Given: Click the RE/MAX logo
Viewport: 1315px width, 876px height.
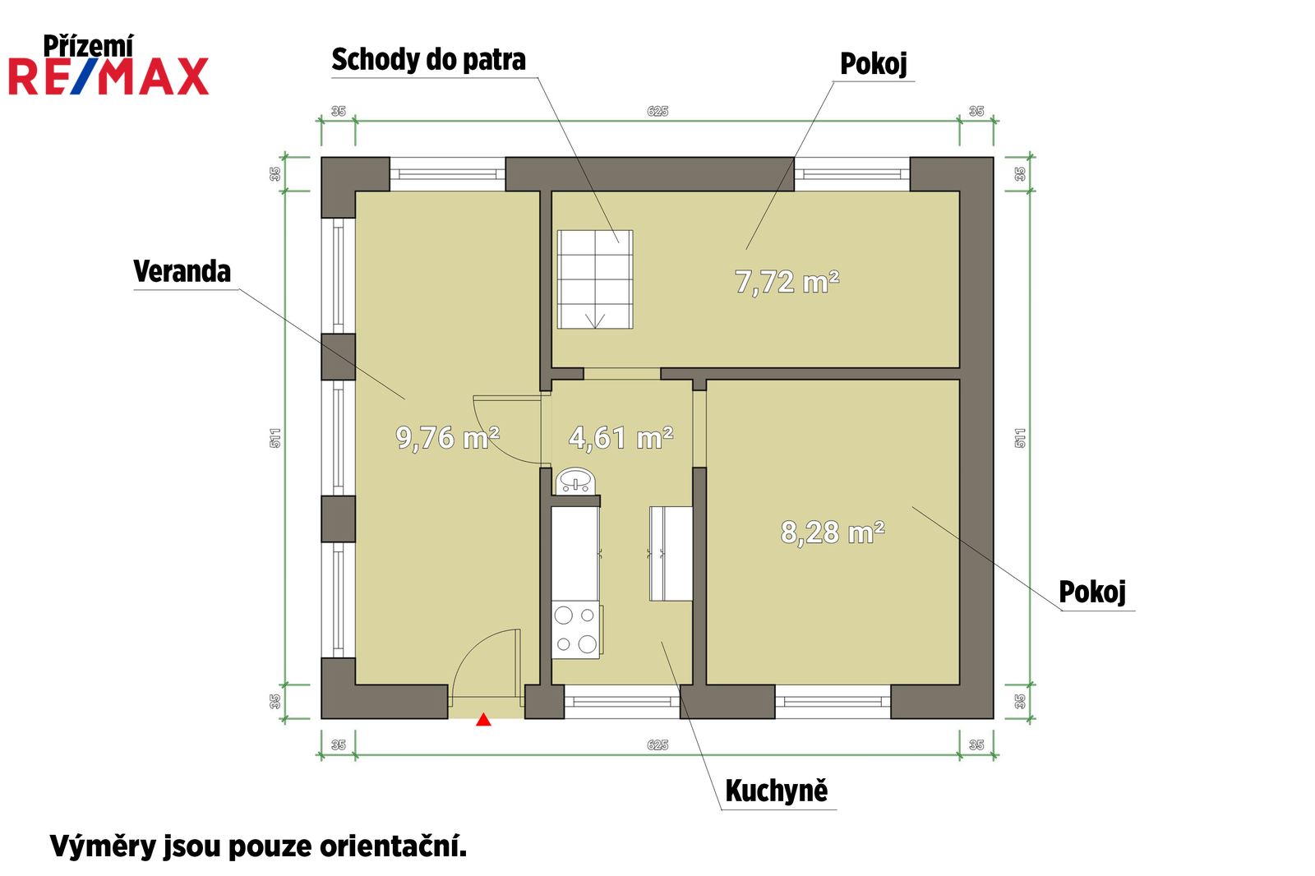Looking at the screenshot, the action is coord(108,76).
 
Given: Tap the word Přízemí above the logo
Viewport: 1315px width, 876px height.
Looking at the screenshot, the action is coord(88,46).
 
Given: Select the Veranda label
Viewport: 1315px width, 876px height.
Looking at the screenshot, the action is coord(182,271).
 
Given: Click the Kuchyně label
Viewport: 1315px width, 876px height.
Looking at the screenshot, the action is coord(776,791).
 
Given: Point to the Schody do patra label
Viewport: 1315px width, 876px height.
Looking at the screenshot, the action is coord(428,60).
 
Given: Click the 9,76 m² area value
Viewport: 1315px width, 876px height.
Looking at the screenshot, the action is coord(447,438).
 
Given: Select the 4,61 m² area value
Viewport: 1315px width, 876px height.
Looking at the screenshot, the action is coord(621,438).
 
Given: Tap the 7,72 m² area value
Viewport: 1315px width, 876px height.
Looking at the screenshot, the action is coord(787,282).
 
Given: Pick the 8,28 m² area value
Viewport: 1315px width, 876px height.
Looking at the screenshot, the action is coord(833,533).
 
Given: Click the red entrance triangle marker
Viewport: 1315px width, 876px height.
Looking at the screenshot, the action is coord(483,720).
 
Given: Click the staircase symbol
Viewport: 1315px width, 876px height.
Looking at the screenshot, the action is coord(595,279).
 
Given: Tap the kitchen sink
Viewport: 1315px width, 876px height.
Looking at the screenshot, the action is coord(576,482).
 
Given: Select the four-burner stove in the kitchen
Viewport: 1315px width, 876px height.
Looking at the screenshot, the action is coord(576,630).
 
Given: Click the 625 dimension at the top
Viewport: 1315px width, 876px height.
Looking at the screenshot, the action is coord(657,111).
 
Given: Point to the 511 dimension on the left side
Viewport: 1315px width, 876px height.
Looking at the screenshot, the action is coord(275,438).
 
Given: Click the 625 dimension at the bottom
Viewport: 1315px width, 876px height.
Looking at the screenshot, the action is coord(657,745).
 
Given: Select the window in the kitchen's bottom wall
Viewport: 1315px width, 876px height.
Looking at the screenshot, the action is coord(622,701).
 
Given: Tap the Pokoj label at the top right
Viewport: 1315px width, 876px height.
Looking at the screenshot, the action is coord(874,63).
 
